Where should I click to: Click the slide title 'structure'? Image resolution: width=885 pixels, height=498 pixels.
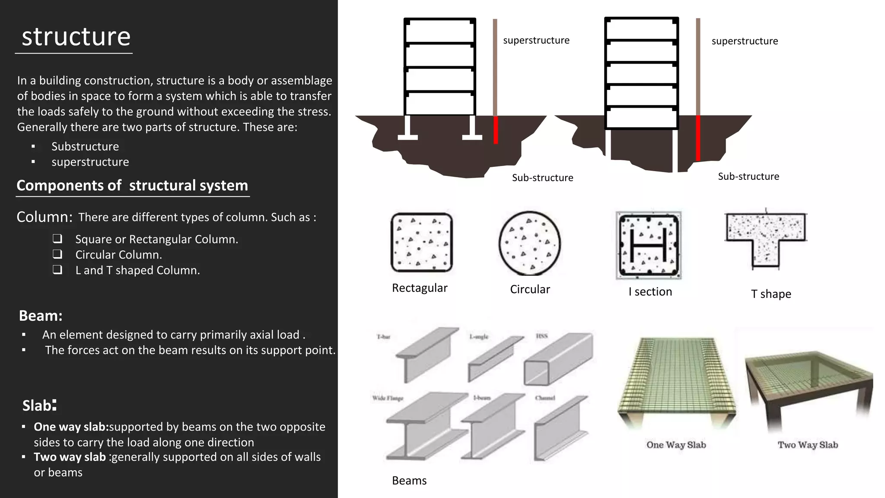pos(76,36)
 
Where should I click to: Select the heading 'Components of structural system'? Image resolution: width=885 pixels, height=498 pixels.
pos(132,185)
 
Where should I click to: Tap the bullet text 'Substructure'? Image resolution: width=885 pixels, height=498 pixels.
pos(85,147)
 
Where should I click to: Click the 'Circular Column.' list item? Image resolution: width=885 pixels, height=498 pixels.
pos(118,255)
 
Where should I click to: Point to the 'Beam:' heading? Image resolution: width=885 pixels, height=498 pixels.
pos(41,316)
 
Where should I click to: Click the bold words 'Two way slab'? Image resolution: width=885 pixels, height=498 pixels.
pos(70,457)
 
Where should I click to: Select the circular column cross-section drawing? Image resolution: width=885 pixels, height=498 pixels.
pos(529,243)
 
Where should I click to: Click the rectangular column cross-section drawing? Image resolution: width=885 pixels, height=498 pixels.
pos(421,243)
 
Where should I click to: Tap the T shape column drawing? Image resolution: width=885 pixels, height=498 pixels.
pos(766,239)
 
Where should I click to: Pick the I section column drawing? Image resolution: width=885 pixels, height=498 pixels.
pos(648,245)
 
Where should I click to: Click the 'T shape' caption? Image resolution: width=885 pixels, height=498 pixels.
pos(771,294)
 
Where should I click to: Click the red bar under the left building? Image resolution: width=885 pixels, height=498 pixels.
pos(496,130)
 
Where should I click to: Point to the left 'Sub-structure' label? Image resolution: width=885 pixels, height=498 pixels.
pos(542,178)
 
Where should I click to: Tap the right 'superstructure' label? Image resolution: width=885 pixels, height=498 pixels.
pos(745,41)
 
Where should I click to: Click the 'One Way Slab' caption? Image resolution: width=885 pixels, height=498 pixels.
pos(676,445)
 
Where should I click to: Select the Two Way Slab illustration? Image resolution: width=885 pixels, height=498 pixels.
pos(808,389)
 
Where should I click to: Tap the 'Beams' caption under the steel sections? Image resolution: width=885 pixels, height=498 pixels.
pos(409,481)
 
